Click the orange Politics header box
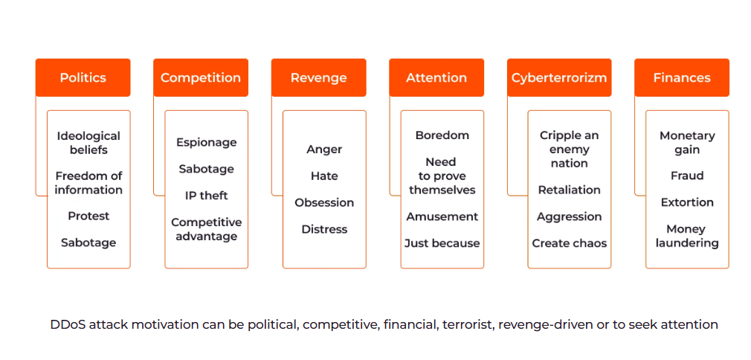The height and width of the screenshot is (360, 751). click(83, 77)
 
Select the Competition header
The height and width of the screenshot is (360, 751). click(201, 77)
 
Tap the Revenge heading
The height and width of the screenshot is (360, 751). click(318, 77)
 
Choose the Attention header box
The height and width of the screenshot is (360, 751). click(436, 77)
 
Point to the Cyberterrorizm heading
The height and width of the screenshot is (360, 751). click(559, 77)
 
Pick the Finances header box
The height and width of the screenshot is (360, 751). click(682, 77)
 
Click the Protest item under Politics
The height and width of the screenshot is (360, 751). click(88, 216)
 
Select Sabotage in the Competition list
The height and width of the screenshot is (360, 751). click(207, 169)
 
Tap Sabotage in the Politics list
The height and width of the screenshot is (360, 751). click(88, 242)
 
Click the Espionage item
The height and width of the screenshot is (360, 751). click(207, 143)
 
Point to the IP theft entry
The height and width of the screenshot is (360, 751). click(207, 196)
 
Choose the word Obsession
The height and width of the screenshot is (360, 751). click(324, 203)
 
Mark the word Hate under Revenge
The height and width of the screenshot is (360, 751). click(324, 176)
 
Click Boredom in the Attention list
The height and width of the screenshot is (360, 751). click(442, 135)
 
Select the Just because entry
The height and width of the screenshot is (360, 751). click(442, 243)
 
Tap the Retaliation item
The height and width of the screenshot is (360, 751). click(570, 190)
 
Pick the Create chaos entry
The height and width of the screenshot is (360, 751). click(570, 243)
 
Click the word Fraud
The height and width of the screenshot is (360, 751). click(687, 176)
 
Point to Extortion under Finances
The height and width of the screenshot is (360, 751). click(687, 202)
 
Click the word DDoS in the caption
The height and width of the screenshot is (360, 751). click(65, 324)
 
